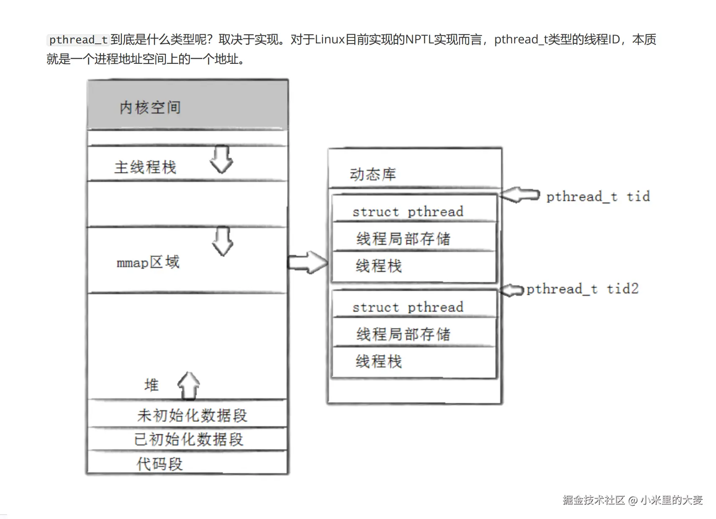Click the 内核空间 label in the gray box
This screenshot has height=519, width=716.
coord(150,108)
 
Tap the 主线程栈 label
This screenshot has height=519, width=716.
coord(145,167)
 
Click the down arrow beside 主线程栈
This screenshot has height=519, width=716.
coord(221,159)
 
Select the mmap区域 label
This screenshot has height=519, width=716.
coord(148,262)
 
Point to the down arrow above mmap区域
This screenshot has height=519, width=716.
coord(223,241)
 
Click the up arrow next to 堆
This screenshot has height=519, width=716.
coord(189,385)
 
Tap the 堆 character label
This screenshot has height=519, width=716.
coord(152,385)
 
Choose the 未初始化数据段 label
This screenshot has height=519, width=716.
coord(192,416)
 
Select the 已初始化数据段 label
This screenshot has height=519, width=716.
coord(188,439)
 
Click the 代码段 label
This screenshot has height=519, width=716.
coord(160,464)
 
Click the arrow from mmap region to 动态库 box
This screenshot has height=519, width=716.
coord(308,263)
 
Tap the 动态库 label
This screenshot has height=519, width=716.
coord(373,174)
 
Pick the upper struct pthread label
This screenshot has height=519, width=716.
coord(408,212)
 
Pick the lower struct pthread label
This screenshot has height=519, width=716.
coord(408,307)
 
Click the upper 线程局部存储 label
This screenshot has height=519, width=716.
coord(403,239)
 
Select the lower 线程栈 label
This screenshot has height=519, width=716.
coord(378,361)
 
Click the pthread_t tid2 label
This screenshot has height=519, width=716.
coord(582,289)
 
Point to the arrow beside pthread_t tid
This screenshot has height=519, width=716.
coord(520,195)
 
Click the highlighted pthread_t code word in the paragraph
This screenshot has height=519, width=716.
coord(78,40)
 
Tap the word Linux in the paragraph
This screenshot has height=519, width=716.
coord(330,40)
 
